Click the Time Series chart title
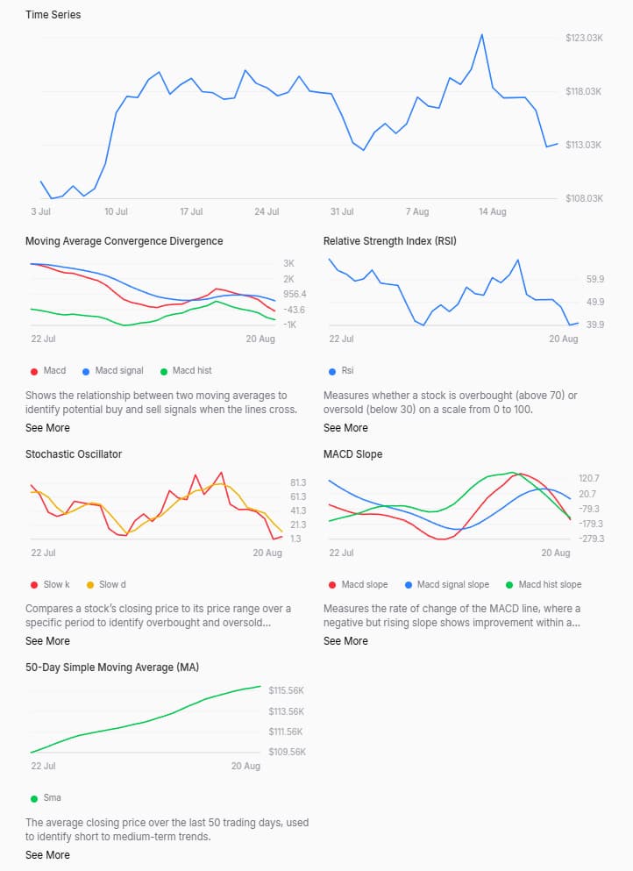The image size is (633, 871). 53,15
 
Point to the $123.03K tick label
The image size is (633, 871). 584,38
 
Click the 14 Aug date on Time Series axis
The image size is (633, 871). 492,212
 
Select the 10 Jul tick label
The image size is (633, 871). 116,212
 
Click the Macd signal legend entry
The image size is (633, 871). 118,371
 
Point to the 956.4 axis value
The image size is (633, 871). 295,295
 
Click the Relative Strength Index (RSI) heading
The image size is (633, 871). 389,241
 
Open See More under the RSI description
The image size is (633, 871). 345,428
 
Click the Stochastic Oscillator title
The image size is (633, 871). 74,454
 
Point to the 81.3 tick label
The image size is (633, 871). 297,483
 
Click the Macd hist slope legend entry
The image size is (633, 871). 549,585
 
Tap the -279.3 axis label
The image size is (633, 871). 590,539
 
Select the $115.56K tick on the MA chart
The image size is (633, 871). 287,691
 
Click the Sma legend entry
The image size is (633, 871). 52,799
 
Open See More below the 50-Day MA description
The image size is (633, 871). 47,855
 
